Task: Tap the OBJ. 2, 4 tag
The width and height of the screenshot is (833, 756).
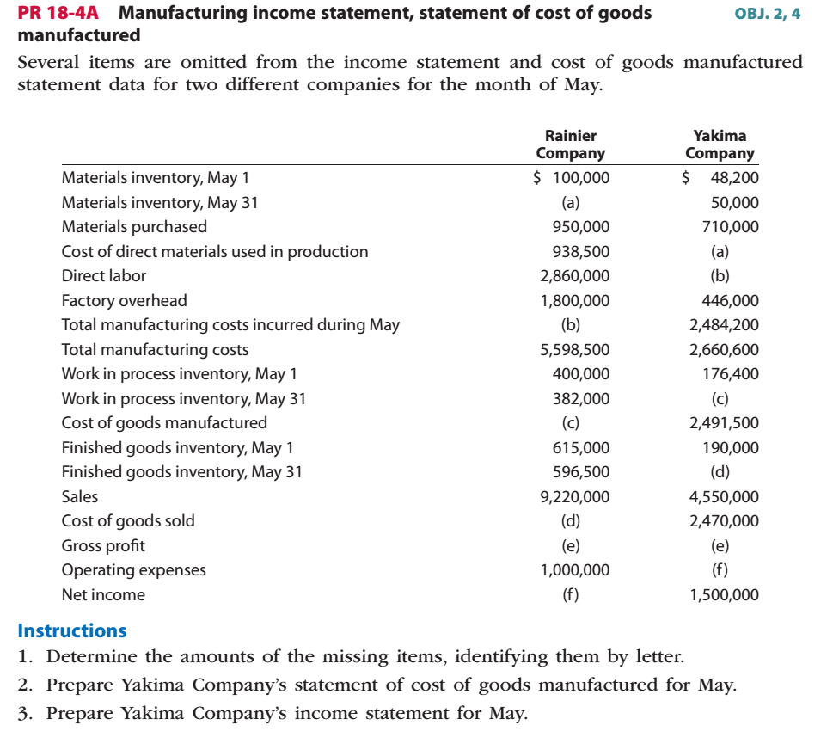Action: point(768,15)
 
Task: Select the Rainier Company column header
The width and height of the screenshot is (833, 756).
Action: point(570,144)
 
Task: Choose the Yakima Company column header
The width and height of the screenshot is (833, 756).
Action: point(720,144)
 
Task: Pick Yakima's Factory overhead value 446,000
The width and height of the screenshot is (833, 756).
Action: point(730,301)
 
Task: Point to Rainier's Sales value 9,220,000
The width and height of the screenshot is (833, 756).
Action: point(575,496)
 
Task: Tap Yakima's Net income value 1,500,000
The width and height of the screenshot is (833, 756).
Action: point(724,595)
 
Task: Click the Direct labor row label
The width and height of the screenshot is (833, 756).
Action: point(103,276)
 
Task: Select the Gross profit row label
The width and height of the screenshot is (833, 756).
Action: point(103,546)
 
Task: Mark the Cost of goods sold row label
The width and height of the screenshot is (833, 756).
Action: point(127,521)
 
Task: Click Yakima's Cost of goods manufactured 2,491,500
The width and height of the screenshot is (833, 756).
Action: point(724,423)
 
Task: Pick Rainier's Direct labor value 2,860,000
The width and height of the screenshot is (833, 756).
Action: point(575,276)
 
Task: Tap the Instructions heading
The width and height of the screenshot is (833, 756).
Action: point(72,630)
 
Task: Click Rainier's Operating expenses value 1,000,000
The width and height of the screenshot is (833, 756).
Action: point(575,570)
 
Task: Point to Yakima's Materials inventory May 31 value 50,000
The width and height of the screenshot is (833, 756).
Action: point(735,203)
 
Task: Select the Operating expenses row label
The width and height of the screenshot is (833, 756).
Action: point(133,570)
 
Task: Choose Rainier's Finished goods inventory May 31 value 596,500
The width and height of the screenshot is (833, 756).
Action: point(580,472)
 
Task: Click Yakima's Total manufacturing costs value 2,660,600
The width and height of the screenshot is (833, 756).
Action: point(724,350)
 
